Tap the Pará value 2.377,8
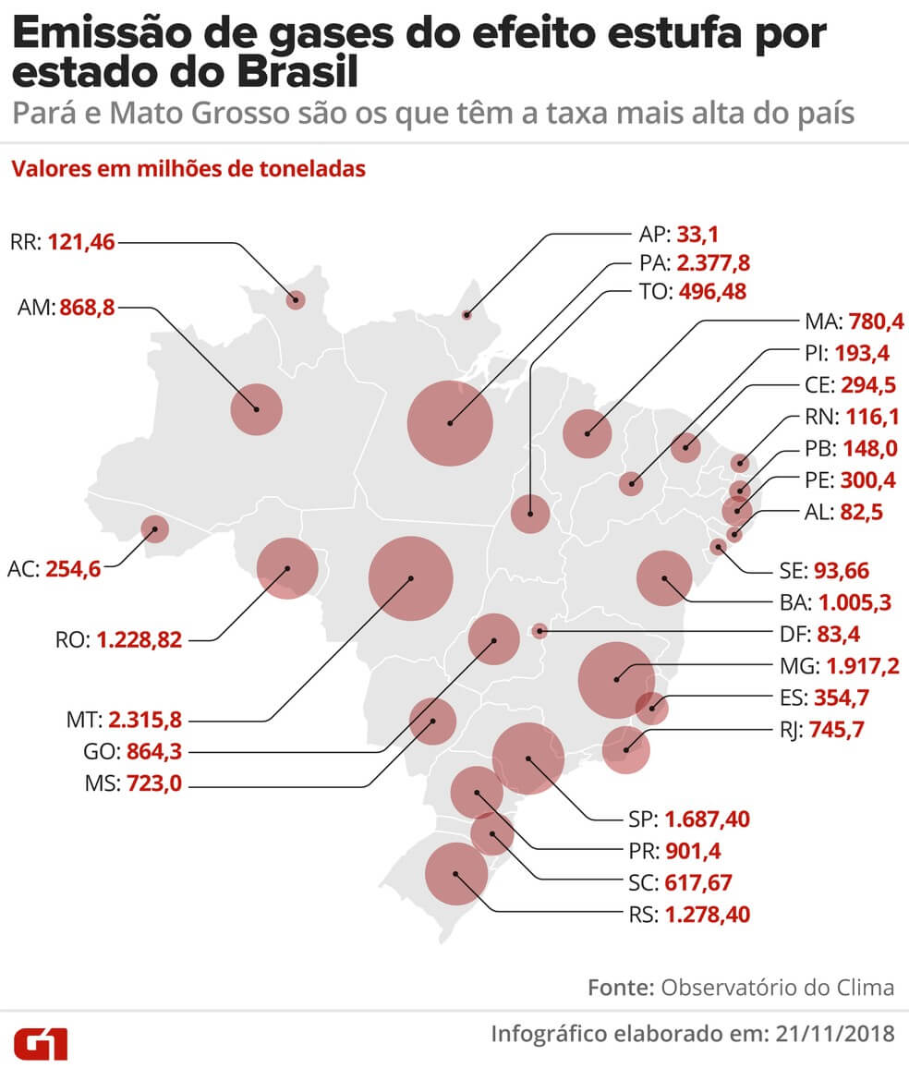coord(713,263)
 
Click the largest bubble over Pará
coord(450,423)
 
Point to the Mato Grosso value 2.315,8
coord(145,719)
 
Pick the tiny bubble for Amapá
coord(467,315)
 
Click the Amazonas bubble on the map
coord(256,409)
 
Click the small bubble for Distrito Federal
coord(540,632)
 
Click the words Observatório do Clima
coord(777,987)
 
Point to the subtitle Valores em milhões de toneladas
coord(188,170)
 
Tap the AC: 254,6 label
coord(55,568)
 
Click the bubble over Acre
coord(154,528)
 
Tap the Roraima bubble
coord(296,299)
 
